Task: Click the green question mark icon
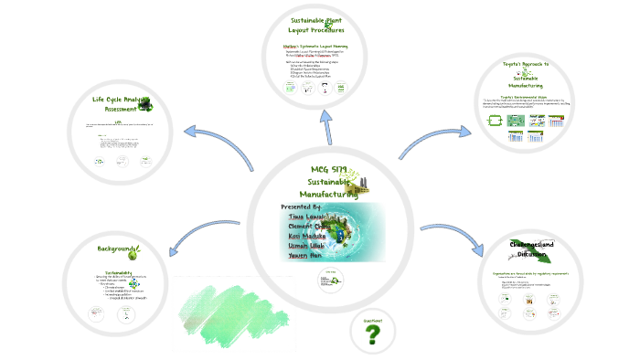pos(372,336)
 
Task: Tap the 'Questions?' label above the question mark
pos(372,318)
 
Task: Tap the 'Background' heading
pos(118,249)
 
